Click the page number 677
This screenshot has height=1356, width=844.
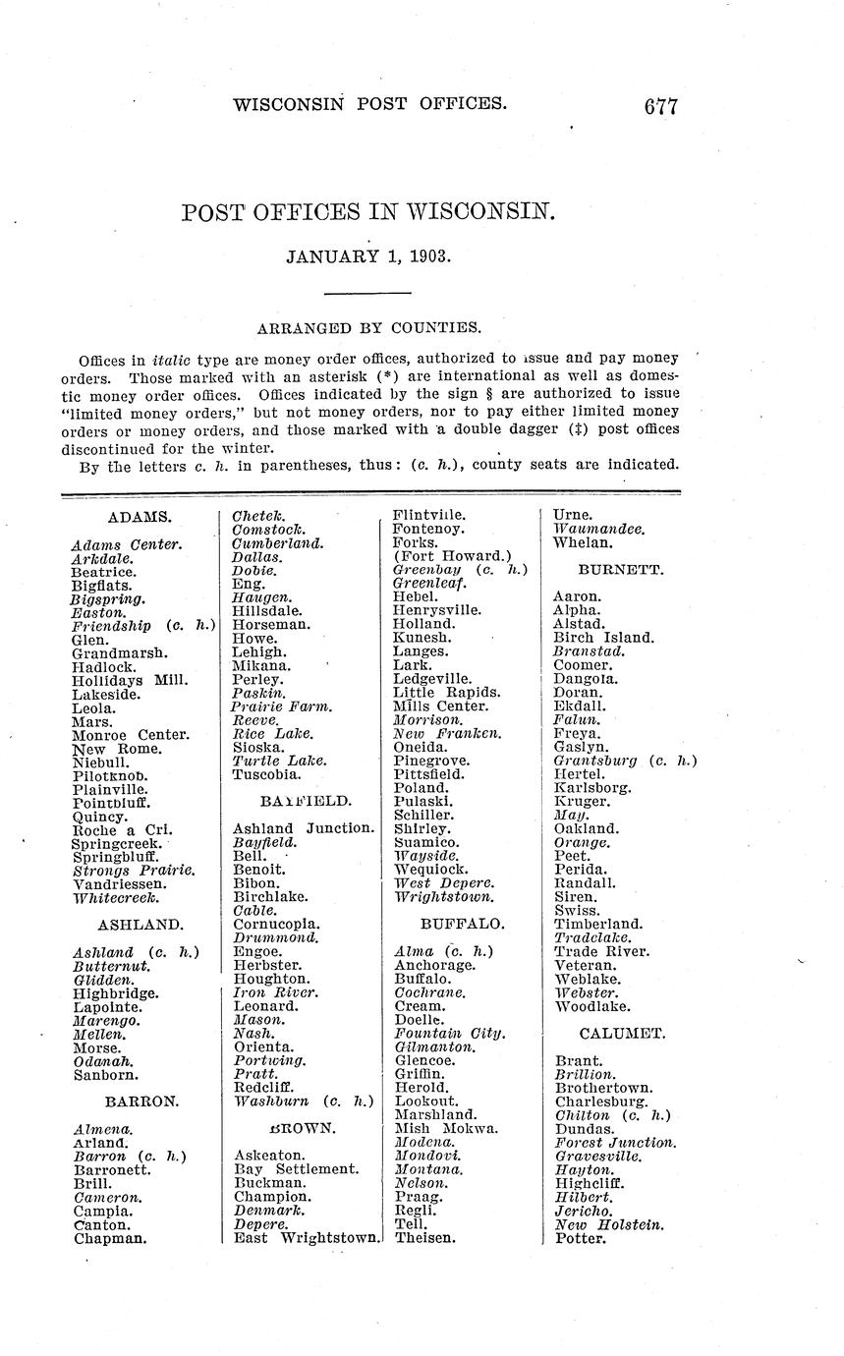coord(660,106)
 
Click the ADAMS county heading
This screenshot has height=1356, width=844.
coord(141,516)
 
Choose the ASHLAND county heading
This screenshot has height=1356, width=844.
coord(140,925)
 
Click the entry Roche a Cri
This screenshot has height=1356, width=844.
coord(123,830)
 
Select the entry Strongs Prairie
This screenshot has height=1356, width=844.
coord(133,871)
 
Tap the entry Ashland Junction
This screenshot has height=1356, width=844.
coord(304,828)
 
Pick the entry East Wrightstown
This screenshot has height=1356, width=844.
coord(307,1238)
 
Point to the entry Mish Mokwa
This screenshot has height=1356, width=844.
coord(446,1129)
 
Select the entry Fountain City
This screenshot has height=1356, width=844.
coord(449,1034)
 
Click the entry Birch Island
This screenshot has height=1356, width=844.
coord(603,638)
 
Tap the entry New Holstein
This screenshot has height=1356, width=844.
coord(609,1225)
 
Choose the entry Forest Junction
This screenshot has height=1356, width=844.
coord(615,1143)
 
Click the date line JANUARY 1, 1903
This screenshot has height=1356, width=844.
coord(368,256)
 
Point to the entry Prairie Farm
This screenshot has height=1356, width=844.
coord(281,706)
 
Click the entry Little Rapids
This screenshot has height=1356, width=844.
coord(446,693)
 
